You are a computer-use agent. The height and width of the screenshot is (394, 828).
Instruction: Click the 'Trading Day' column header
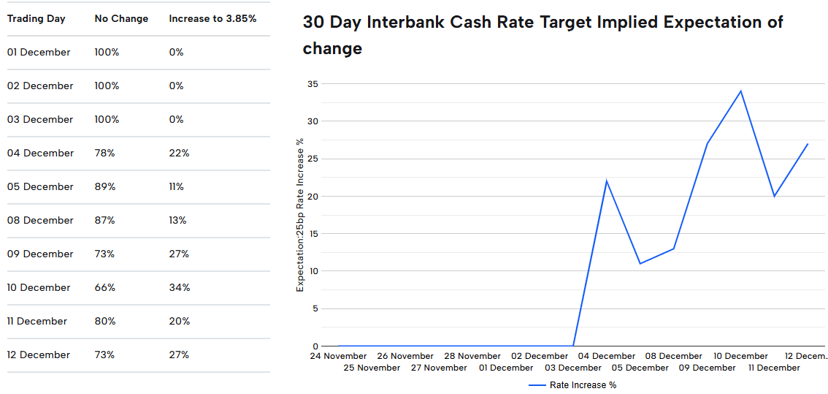(37, 18)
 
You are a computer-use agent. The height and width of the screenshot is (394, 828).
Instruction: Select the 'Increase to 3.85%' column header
(212, 18)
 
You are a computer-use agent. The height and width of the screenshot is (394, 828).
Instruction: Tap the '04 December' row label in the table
(40, 153)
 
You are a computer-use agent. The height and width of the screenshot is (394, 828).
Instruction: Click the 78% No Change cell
(104, 153)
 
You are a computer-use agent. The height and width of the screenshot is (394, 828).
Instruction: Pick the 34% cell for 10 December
(179, 287)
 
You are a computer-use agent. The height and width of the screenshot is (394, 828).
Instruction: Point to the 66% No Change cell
(104, 287)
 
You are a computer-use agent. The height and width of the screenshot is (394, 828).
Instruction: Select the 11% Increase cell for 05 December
(176, 186)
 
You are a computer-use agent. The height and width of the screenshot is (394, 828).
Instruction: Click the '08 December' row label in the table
(40, 220)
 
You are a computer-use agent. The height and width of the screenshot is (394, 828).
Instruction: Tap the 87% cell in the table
(104, 220)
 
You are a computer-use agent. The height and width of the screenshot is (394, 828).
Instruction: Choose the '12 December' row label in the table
(39, 355)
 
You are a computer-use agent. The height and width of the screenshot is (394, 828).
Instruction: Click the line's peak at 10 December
(741, 91)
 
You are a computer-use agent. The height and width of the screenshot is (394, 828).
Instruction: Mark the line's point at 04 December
(607, 181)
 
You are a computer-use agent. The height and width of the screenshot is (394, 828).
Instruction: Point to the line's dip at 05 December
(640, 263)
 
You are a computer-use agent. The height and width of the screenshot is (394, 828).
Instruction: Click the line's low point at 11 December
(775, 196)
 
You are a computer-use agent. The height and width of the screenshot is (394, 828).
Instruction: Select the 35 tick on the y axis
(313, 84)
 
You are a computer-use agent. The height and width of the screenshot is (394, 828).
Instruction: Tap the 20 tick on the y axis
(313, 196)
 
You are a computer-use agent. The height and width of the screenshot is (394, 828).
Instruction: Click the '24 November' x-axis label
(338, 356)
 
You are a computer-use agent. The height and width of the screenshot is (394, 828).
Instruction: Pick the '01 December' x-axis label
(506, 368)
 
